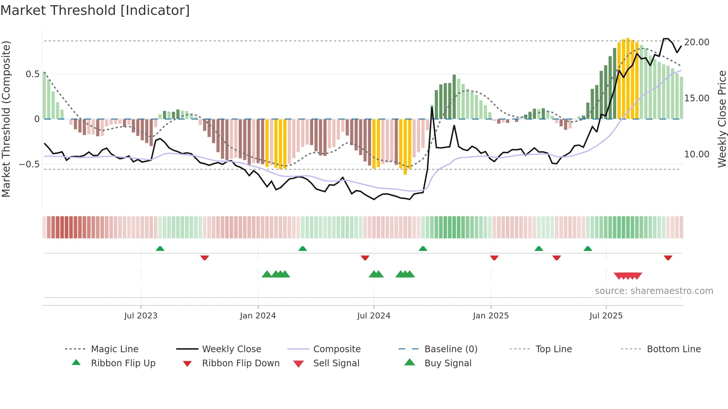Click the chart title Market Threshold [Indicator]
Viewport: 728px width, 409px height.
(x=95, y=10)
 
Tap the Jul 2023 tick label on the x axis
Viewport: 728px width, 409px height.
(x=141, y=316)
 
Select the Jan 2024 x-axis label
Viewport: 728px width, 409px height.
(x=258, y=316)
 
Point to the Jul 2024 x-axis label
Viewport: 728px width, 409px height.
(x=374, y=316)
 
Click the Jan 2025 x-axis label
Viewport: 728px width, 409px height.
(x=491, y=316)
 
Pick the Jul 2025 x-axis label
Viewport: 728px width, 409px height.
(x=606, y=316)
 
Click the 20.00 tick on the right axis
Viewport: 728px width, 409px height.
(x=696, y=42)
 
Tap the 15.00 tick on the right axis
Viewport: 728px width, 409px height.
(x=696, y=98)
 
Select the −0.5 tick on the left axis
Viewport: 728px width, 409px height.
(x=29, y=164)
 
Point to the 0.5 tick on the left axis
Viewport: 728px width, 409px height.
(x=32, y=74)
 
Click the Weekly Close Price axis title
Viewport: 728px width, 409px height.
(x=722, y=119)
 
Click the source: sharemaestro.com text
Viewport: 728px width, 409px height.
(x=654, y=291)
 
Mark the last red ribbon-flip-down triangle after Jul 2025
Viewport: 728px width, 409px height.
(x=668, y=258)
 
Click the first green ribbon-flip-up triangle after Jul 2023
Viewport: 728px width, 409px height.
(x=160, y=249)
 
